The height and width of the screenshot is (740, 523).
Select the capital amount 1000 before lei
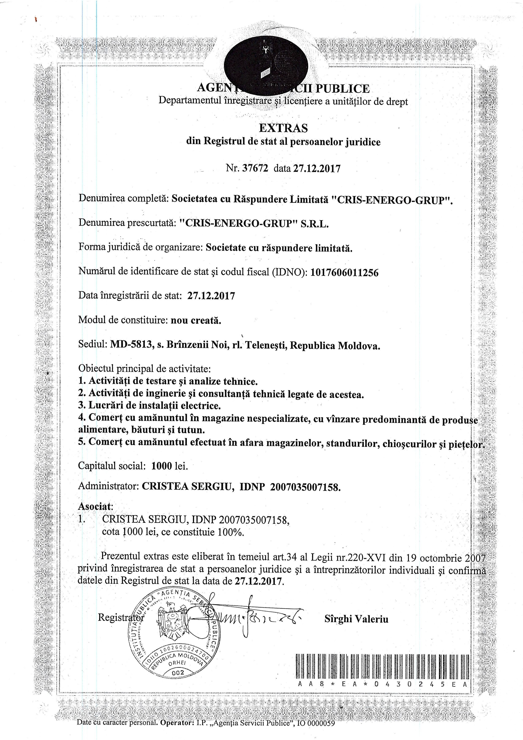[162, 466]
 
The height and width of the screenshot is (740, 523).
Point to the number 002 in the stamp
[178, 672]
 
